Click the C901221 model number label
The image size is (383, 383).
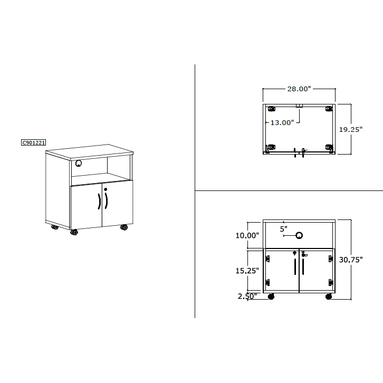point(33,142)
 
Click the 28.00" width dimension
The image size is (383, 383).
point(299,89)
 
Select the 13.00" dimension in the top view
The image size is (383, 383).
point(282,122)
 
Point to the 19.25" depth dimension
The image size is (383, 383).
point(350,129)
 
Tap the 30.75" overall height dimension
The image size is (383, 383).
point(351,260)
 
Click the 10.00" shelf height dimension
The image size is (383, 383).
point(247,235)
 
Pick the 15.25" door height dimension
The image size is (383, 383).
point(247,271)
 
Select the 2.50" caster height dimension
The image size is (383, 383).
point(247,296)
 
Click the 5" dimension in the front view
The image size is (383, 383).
point(284,229)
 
